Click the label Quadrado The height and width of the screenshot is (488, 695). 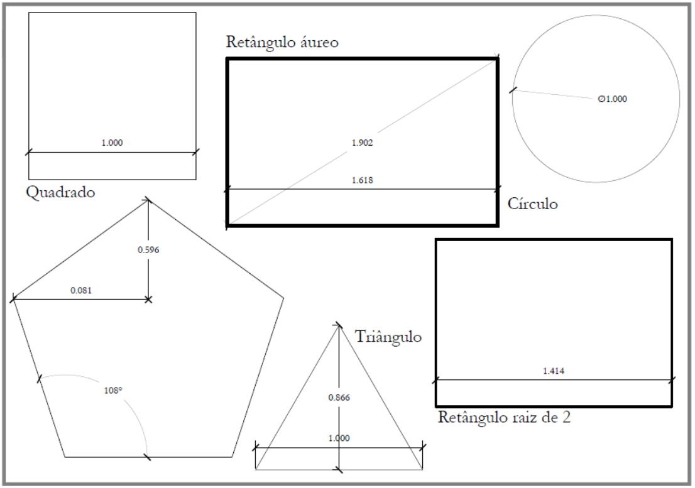[60, 192]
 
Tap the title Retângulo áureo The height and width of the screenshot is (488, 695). [282, 42]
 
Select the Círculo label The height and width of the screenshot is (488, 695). [532, 203]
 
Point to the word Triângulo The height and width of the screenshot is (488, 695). [388, 337]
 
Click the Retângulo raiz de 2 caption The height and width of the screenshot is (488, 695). [505, 417]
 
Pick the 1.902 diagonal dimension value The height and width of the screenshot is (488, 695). [362, 143]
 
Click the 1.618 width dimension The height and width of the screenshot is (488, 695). [362, 180]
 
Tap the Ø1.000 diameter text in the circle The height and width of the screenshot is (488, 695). [613, 99]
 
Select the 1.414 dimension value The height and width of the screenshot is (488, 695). [554, 371]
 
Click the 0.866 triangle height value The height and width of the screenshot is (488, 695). [339, 398]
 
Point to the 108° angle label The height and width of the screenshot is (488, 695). [113, 391]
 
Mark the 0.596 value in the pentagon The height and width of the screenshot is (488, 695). [148, 250]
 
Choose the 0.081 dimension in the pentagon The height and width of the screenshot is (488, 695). [81, 291]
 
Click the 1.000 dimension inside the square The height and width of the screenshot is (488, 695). [112, 143]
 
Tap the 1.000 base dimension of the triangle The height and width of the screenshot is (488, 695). [339, 438]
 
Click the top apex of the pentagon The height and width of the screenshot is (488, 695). [148, 200]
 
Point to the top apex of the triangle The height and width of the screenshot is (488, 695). [339, 325]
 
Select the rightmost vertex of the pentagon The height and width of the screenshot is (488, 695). [283, 298]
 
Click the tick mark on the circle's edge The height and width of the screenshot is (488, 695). [513, 90]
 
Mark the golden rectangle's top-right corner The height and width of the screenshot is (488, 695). [498, 58]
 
